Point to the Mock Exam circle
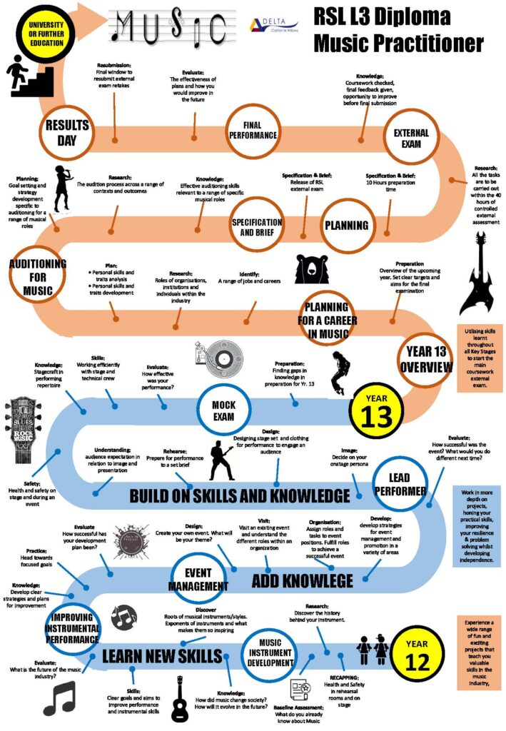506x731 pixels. tap(223, 410)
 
